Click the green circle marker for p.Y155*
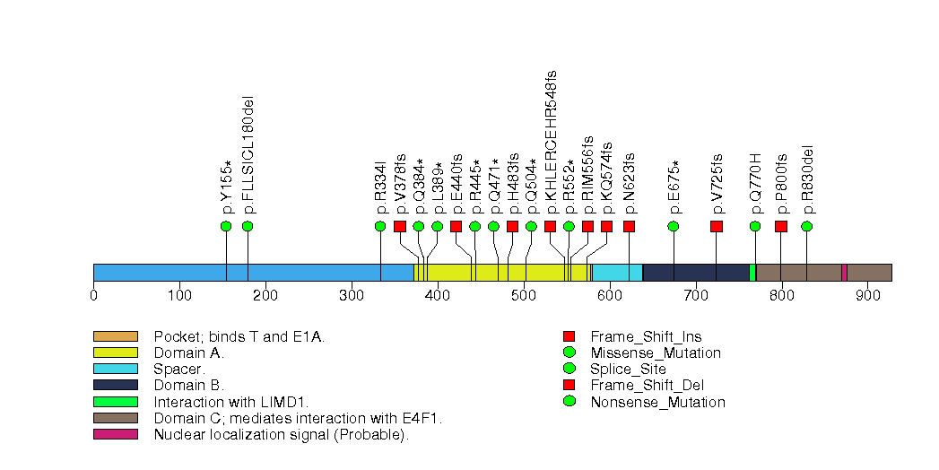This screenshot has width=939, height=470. point(226,226)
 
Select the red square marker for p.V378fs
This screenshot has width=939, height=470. point(400,226)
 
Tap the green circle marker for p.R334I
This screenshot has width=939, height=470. point(380,226)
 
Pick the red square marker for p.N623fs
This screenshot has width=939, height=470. point(629,226)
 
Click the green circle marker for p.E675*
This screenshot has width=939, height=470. point(674,226)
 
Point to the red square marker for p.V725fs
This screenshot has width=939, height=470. point(717,226)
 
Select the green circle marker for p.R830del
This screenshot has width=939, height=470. point(807,226)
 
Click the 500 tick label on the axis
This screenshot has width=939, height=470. point(524,295)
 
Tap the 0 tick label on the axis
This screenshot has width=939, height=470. point(93,295)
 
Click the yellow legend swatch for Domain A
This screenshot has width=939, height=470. point(115,353)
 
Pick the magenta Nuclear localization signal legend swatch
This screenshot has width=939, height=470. point(115,434)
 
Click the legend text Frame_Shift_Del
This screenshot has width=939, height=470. point(647,386)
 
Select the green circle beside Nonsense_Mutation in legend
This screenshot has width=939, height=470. point(569,402)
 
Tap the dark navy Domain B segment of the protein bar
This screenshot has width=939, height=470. point(696,273)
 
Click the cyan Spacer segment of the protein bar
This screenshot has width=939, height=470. point(617,273)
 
